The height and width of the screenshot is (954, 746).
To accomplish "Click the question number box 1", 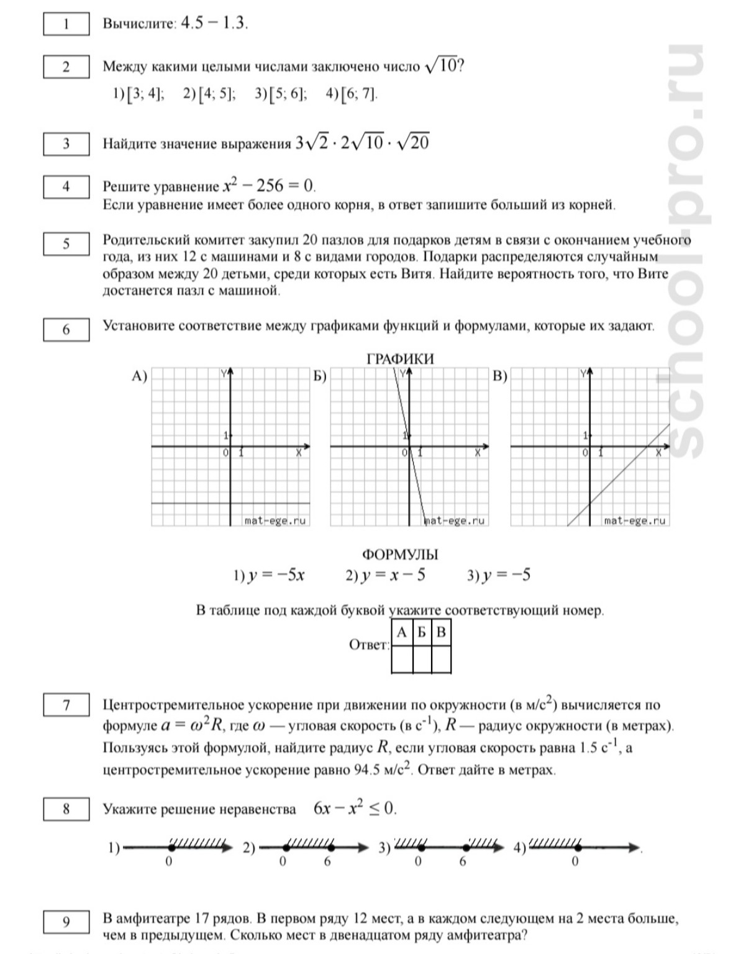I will (66, 24).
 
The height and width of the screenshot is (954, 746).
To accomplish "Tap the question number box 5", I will (66, 243).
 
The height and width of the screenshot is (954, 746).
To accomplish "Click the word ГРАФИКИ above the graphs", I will (400, 359).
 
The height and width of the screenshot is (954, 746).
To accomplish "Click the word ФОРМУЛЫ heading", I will (400, 555).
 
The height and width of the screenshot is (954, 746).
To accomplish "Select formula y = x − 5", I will (386, 575).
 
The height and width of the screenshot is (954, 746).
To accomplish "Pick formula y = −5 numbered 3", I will (499, 575).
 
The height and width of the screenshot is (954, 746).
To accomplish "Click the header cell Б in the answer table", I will (422, 633).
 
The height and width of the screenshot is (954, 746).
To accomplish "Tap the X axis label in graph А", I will (299, 453).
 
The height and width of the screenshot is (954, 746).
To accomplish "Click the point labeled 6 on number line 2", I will (331, 847).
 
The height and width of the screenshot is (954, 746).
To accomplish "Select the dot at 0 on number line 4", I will (578, 847).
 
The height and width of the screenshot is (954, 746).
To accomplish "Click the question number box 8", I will (66, 809).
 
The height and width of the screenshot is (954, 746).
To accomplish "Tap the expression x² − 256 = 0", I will (269, 186).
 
